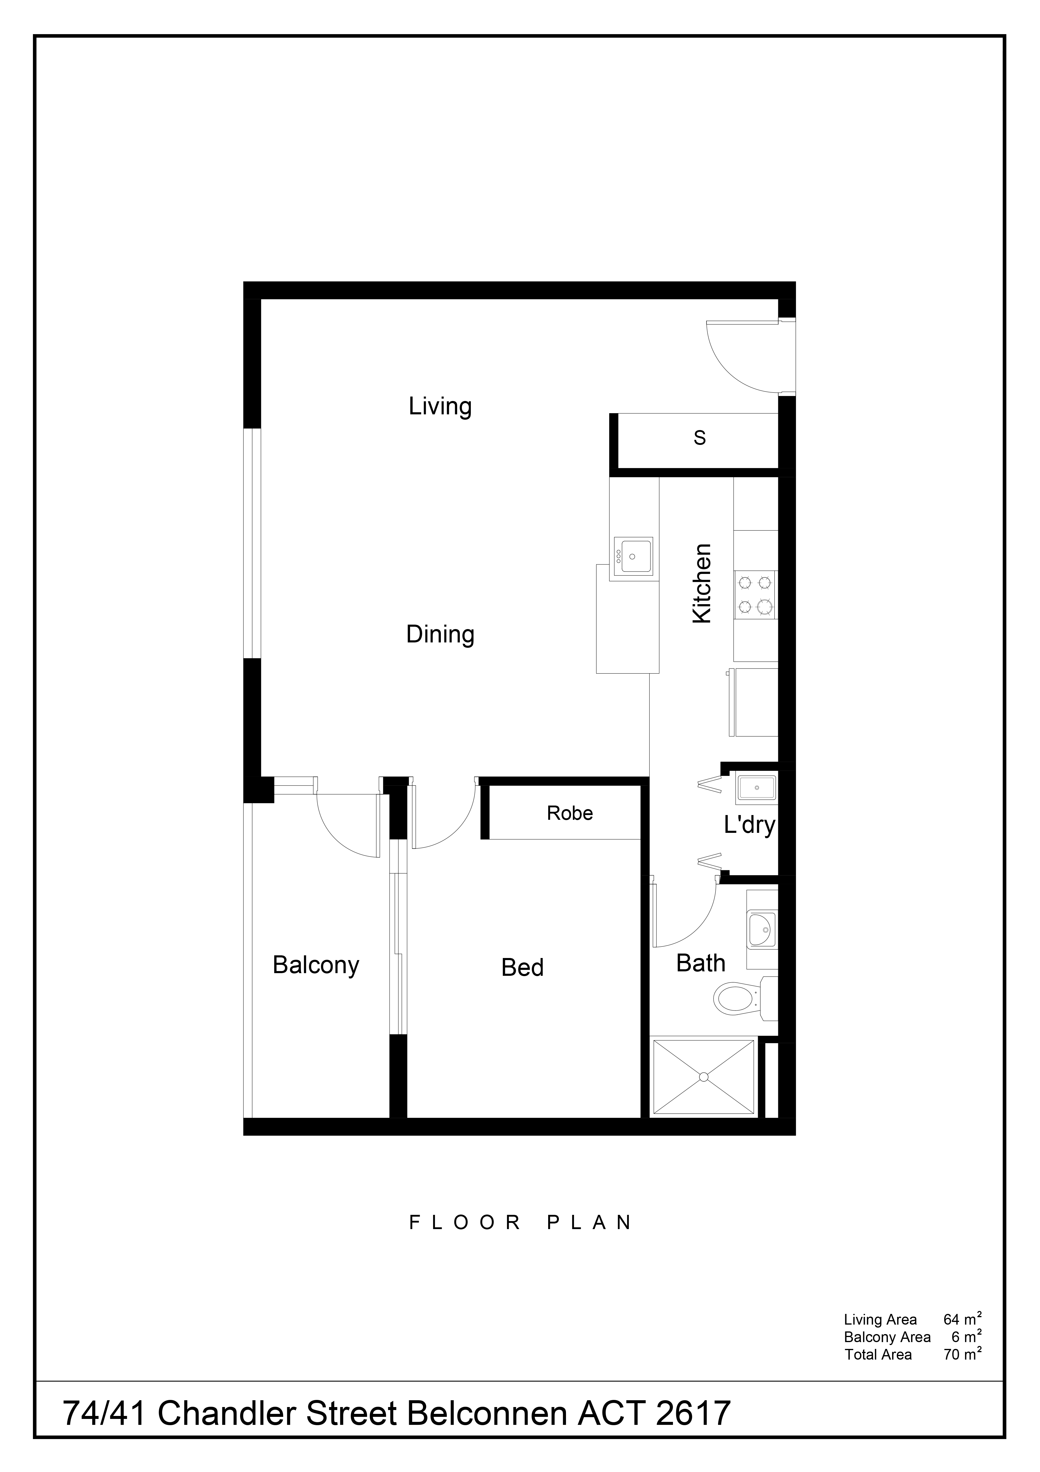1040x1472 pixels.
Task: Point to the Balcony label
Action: [x=316, y=965]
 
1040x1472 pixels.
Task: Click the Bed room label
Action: [x=522, y=967]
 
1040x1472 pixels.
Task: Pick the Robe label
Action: [x=570, y=814]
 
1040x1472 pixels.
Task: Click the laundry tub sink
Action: [x=757, y=787]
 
